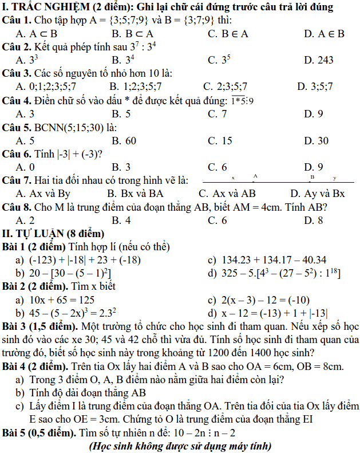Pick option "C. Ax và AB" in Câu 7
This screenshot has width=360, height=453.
point(227,194)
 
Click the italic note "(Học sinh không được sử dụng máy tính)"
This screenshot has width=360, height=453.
point(180,446)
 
